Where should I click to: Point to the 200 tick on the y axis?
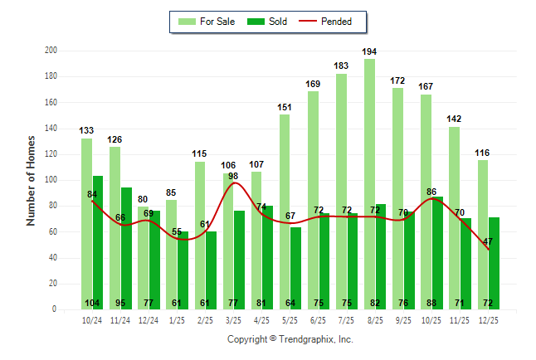click(51, 51)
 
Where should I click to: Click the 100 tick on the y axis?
click(51, 180)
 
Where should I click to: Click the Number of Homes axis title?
click(31, 180)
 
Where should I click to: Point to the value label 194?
click(369, 51)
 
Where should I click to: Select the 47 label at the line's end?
click(489, 241)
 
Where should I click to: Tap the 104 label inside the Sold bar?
click(92, 303)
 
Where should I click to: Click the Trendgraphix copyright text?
click(290, 339)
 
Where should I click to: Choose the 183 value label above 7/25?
click(341, 66)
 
